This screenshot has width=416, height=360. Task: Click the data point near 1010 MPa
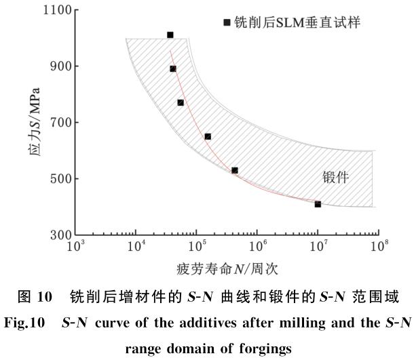click(170, 35)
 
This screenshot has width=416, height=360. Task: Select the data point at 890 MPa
click(173, 68)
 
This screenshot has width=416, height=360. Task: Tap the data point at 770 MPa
click(181, 102)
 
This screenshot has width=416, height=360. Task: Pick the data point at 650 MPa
click(208, 136)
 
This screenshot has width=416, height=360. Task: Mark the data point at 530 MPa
click(235, 170)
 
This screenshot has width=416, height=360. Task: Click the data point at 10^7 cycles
click(318, 204)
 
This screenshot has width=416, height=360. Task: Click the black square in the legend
click(227, 22)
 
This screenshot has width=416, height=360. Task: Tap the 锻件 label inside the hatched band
click(335, 178)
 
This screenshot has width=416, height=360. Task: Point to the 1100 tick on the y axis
click(58, 10)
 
